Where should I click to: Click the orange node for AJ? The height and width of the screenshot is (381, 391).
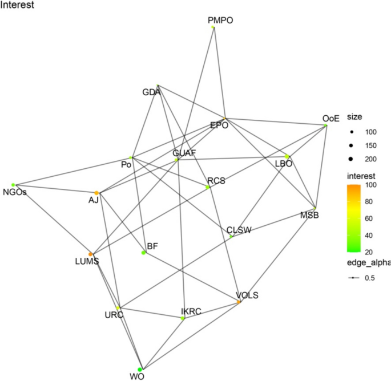[96, 193]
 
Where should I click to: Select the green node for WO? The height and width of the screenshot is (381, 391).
[140, 369]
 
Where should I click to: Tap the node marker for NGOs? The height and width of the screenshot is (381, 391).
[13, 185]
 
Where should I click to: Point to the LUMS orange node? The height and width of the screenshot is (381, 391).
[91, 254]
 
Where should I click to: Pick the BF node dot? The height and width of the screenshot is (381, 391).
[143, 253]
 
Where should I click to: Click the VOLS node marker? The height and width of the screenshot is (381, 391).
[239, 302]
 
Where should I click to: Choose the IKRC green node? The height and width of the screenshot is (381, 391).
[183, 318]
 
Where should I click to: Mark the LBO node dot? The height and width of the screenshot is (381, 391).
[287, 156]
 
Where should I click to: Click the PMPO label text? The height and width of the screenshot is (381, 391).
[220, 20]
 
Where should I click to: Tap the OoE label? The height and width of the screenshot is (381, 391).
[331, 119]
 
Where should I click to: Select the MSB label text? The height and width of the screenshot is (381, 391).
[309, 215]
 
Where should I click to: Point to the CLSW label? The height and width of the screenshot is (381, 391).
[239, 230]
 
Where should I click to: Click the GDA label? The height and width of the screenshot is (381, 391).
[151, 92]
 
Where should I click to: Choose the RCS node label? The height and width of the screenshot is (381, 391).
[216, 181]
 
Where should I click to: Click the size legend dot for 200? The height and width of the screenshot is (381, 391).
[351, 159]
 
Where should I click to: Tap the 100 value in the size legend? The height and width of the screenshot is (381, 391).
[371, 132]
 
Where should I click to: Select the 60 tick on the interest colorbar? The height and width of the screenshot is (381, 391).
[369, 218]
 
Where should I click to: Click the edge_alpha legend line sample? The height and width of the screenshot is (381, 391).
[353, 278]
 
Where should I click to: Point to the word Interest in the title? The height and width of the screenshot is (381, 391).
[17, 5]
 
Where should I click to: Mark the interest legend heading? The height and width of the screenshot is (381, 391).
[361, 176]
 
